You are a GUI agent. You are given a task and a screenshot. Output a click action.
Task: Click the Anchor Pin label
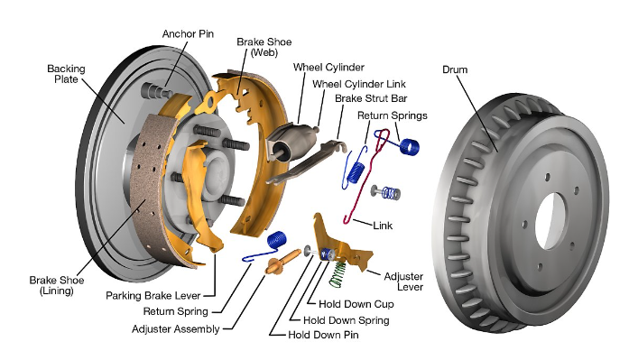point(188,34)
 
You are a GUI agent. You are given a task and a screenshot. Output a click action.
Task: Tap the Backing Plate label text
point(66,74)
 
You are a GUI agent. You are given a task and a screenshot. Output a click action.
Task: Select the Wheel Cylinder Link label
point(359,84)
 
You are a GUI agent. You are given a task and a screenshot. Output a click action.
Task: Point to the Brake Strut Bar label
point(371,98)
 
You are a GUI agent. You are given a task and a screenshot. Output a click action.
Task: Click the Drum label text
point(455,69)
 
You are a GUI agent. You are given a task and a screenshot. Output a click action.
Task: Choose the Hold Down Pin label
point(323,335)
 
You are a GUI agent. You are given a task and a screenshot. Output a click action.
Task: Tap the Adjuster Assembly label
point(176,329)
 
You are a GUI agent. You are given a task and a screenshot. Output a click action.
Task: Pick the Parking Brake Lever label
point(153,296)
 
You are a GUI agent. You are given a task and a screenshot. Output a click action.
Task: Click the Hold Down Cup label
point(356,304)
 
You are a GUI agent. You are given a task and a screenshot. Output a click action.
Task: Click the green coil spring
point(338,273)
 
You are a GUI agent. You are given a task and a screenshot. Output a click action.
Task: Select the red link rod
point(365,177)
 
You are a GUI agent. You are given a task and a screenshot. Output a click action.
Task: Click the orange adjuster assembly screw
point(282,262)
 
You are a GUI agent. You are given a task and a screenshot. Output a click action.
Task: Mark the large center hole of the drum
point(551,220)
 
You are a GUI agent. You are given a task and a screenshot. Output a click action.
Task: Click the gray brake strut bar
point(307,162)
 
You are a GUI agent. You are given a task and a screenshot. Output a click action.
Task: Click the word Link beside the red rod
point(383,226)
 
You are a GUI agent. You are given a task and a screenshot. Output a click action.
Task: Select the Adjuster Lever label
point(403,282)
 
